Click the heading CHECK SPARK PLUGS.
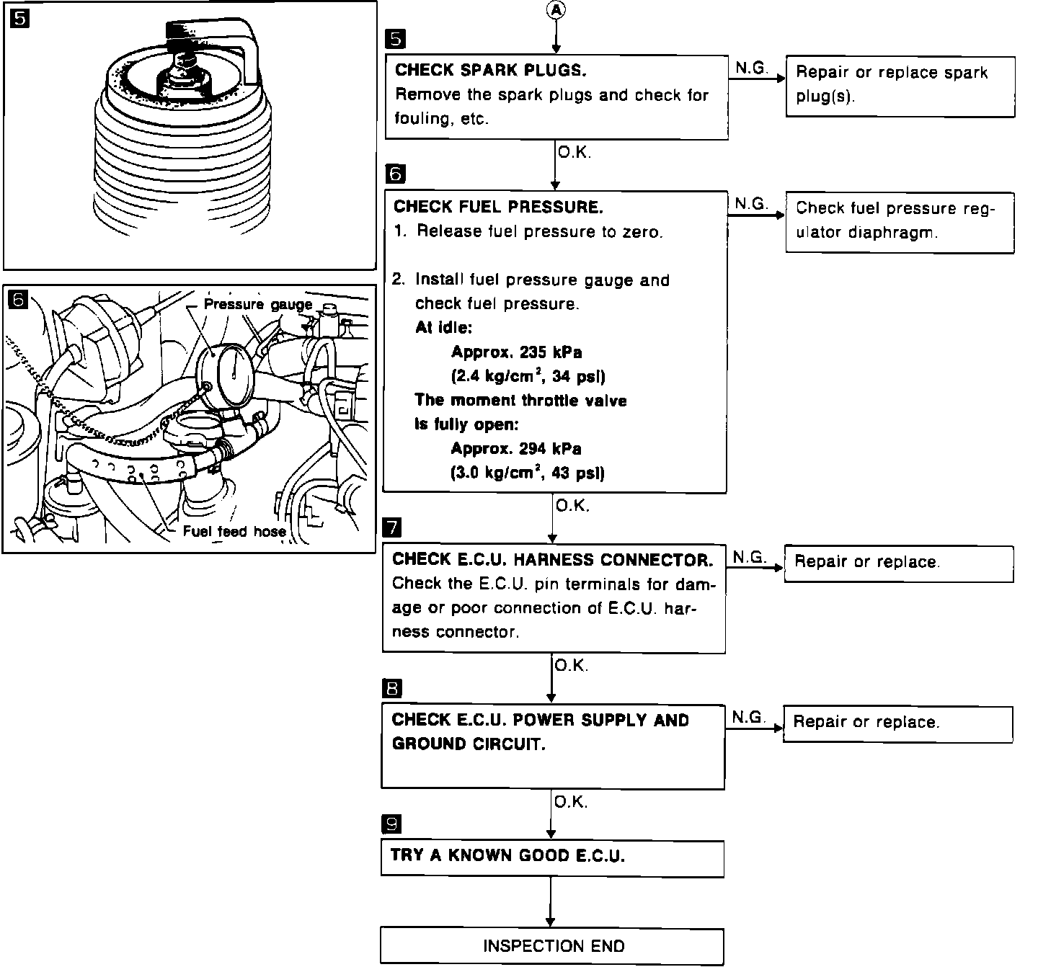(x=490, y=71)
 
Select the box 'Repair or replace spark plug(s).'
(x=900, y=86)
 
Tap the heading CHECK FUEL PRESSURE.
(x=497, y=208)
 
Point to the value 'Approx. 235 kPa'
(x=516, y=352)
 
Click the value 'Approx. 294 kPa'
(x=516, y=449)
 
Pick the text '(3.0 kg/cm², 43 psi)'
(x=528, y=473)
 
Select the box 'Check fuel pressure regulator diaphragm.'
(x=900, y=221)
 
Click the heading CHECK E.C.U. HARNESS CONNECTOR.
(x=552, y=560)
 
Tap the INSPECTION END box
(x=552, y=946)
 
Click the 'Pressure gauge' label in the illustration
(x=257, y=304)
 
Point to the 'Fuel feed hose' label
(x=234, y=532)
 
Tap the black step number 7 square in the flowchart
(x=393, y=527)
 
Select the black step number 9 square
(x=391, y=824)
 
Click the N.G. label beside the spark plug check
(x=751, y=68)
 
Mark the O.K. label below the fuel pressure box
(x=572, y=506)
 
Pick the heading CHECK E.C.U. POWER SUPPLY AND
(x=540, y=721)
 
